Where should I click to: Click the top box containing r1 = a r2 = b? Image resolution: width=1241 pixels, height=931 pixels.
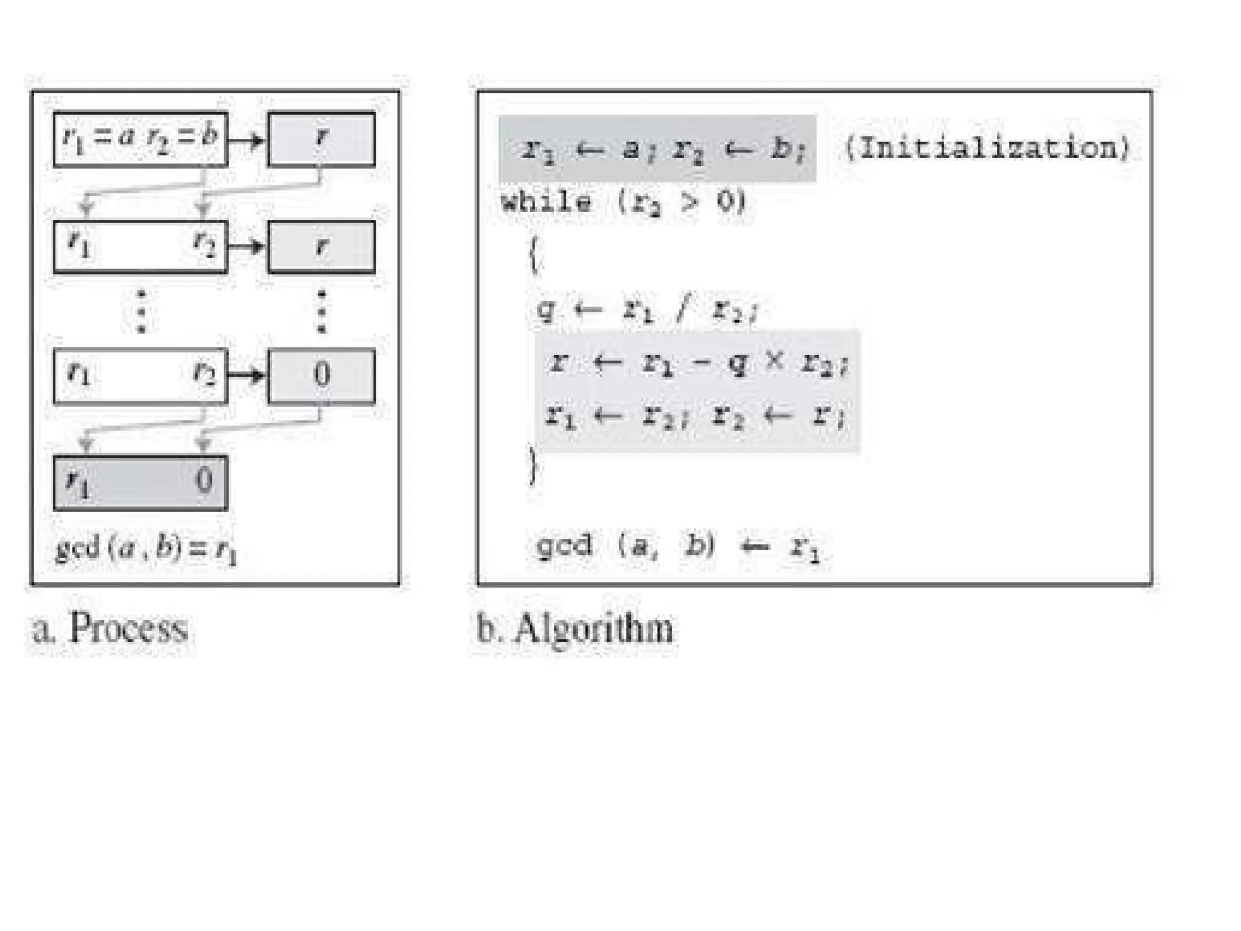(140, 139)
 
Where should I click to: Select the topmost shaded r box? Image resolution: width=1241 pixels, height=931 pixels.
(321, 139)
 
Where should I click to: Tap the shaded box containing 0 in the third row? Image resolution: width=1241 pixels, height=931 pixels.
(321, 375)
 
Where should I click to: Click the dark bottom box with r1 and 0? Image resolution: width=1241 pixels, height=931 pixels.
(140, 482)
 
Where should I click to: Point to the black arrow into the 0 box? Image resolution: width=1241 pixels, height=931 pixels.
(247, 375)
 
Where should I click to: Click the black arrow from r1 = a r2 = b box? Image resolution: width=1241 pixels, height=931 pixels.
(247, 141)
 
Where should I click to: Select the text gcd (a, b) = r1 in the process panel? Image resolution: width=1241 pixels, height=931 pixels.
(146, 549)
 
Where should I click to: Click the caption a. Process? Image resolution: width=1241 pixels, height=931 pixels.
(110, 628)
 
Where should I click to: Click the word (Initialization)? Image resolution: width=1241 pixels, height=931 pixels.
(987, 148)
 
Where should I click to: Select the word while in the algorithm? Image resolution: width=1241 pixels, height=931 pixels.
(546, 202)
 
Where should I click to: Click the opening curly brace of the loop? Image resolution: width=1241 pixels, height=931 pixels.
(533, 255)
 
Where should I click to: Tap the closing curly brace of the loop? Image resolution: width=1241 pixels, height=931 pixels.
(533, 466)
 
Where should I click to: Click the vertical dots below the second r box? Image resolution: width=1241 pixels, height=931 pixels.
(322, 312)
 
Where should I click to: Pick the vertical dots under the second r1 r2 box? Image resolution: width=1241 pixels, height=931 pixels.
(141, 312)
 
